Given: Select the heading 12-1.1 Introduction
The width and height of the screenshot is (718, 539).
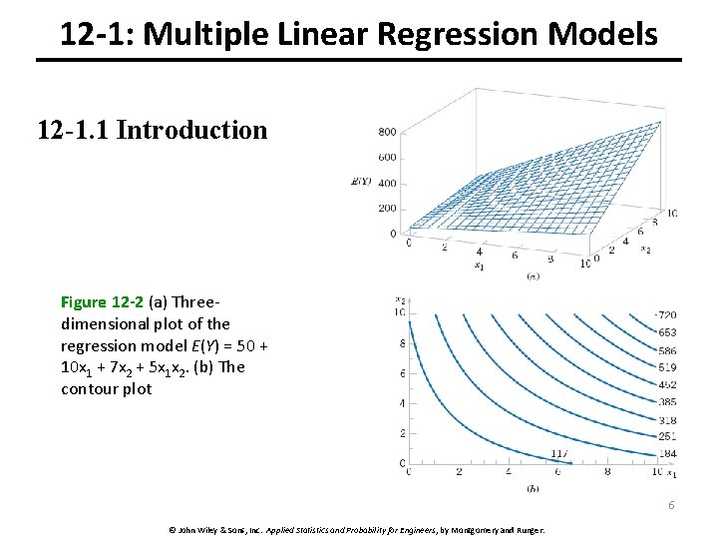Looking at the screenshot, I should (153, 130).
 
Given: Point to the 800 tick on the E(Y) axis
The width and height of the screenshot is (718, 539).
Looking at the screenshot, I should (386, 132).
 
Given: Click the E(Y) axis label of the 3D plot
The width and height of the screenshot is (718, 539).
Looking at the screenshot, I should (362, 181).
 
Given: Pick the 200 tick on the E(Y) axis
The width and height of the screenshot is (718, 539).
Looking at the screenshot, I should (386, 209).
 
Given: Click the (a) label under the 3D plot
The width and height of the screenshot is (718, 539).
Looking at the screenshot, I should (534, 275).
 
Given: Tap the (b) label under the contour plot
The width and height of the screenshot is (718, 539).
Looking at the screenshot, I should (533, 488).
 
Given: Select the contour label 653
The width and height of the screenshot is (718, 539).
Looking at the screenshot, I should (667, 332).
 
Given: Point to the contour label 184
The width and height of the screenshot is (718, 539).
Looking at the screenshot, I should (667, 454).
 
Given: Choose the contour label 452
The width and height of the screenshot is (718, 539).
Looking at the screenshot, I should (667, 384).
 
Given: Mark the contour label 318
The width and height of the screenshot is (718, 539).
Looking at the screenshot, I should (667, 420).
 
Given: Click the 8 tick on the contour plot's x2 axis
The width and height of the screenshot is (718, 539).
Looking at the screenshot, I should (401, 343).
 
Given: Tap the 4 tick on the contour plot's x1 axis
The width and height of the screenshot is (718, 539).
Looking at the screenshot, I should (509, 473).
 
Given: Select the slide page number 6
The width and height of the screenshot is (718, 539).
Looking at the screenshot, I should (671, 505).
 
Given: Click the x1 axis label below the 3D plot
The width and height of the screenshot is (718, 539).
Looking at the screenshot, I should (480, 266).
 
